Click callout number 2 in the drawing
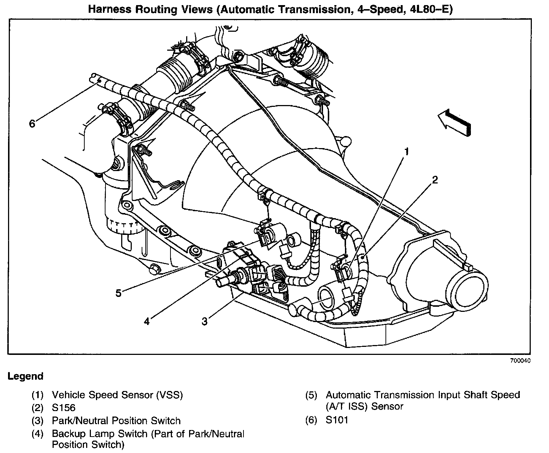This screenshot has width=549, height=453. tap(434, 180)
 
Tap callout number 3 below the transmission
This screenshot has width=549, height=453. tap(205, 321)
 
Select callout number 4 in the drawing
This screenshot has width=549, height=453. tap(147, 321)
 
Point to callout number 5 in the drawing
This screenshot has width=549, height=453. tap(118, 293)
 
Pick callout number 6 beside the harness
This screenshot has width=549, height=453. tap(32, 124)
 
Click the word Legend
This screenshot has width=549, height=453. tap(26, 376)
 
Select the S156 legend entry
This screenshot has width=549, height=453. tap(64, 407)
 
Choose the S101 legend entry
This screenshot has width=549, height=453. tap(337, 420)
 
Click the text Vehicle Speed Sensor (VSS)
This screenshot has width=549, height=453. tap(117, 395)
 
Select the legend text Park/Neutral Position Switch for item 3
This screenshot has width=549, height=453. tap(116, 421)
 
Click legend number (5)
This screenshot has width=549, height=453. tap(311, 395)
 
